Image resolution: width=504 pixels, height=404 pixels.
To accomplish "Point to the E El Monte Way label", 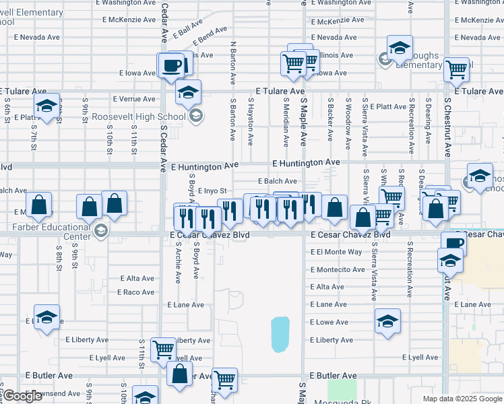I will (x=338, y=252).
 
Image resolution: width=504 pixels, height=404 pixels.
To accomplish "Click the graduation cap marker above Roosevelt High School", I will (x=189, y=92).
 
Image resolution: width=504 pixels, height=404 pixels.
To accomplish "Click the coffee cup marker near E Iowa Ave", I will (x=170, y=65).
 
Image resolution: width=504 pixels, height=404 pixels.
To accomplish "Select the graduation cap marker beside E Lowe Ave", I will (x=387, y=321).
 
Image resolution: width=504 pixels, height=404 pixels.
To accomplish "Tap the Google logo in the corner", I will (x=22, y=397).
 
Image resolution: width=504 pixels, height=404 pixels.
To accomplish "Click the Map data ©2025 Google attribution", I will (x=462, y=399).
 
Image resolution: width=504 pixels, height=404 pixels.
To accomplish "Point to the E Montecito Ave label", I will (x=338, y=269).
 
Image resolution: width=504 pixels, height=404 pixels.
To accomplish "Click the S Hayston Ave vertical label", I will (x=251, y=121).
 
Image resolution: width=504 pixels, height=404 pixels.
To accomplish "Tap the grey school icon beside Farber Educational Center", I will (x=100, y=232).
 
